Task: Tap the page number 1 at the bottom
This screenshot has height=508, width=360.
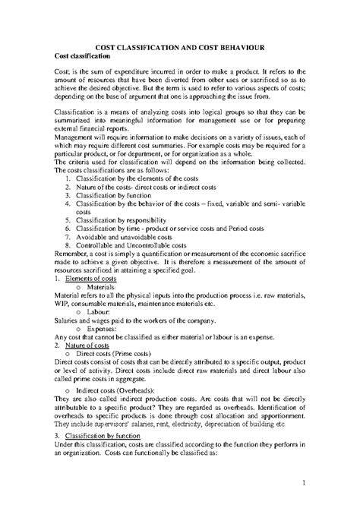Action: click(x=302, y=482)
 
